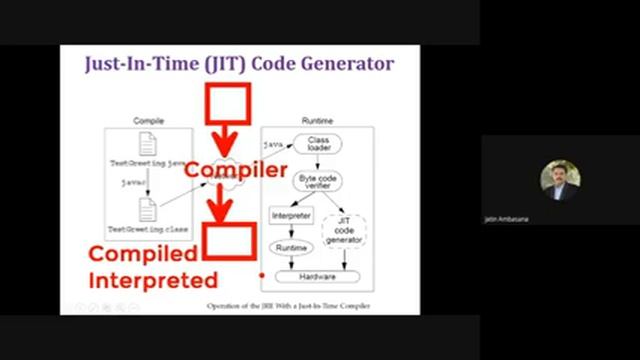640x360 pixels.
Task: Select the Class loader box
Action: click(x=319, y=144)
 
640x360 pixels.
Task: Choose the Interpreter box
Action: click(x=292, y=215)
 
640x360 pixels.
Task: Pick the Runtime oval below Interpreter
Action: click(x=292, y=247)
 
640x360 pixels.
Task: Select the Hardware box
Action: click(x=319, y=276)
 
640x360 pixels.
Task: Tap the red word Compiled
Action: click(x=143, y=255)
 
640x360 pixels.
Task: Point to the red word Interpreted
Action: click(x=153, y=280)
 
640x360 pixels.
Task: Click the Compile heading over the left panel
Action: click(x=149, y=121)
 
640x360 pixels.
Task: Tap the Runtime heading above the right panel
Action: click(x=317, y=121)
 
